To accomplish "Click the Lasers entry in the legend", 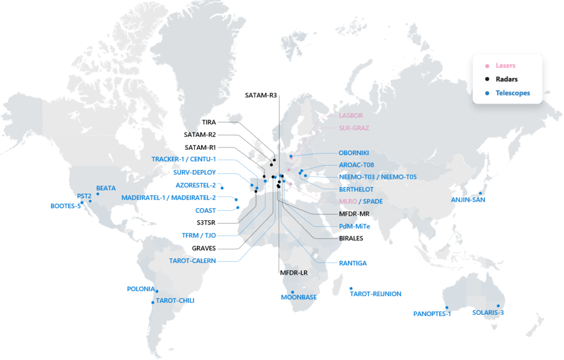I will [x=505, y=66].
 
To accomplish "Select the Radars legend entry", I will [x=506, y=79].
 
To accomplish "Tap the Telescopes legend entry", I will [x=512, y=93].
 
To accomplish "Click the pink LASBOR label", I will [x=351, y=116].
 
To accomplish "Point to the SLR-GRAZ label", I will [x=354, y=128].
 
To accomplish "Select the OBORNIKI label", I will [x=353, y=152].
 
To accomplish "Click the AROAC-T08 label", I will [x=356, y=165].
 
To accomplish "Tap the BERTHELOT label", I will [x=356, y=189].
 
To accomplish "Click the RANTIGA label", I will [x=353, y=263].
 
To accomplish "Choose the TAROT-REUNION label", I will [x=376, y=294].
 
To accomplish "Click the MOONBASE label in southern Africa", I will [x=299, y=297].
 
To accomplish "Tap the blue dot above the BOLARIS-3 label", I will [x=498, y=306].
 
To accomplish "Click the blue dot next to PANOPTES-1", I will [x=447, y=307].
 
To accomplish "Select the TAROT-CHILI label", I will [x=175, y=301].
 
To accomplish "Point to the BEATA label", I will [x=106, y=188].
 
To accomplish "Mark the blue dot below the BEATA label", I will [x=97, y=194].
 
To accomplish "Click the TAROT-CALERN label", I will [x=193, y=260].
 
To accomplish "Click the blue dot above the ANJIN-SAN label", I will [x=480, y=192].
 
